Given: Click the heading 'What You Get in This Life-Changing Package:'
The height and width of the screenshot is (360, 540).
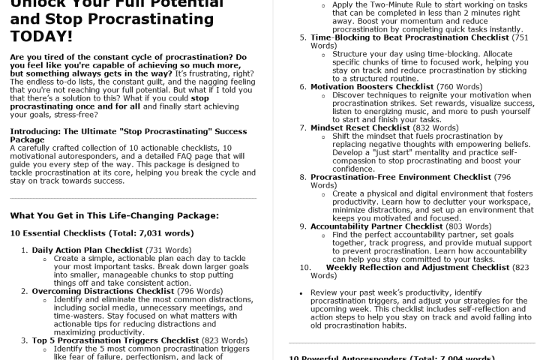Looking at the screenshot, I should tap(114, 215).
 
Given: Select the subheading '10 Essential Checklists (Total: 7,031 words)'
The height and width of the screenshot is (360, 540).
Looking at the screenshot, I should tap(102, 233).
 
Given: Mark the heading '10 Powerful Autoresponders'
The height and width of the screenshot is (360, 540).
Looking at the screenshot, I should tap(352, 357).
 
